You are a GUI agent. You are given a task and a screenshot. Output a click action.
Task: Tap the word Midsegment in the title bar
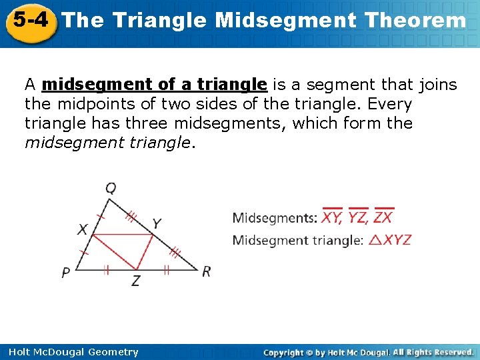pos(285,21)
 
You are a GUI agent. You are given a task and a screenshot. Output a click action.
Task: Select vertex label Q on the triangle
pos(111,188)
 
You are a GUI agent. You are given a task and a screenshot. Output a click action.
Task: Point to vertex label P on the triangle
pos(66,272)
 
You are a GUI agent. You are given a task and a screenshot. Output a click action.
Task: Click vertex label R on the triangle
pos(207,271)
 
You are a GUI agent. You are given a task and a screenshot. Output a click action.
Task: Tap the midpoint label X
pos(82,229)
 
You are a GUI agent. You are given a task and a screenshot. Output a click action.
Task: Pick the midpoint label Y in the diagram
pos(157,223)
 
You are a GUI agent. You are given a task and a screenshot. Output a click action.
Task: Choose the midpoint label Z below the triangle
pos(135,281)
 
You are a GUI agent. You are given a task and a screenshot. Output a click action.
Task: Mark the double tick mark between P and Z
pos(107,269)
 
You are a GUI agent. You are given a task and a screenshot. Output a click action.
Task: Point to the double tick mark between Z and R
pos(166,269)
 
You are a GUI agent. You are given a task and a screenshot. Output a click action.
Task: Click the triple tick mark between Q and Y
pos(131,215)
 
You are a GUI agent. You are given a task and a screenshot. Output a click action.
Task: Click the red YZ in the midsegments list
pos(358,217)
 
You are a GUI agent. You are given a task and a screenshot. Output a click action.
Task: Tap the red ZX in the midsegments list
pos(383,217)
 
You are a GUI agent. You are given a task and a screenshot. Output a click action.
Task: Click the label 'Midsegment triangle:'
pos(298,240)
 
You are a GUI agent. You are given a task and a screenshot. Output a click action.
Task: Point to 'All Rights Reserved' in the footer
pos(433,352)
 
